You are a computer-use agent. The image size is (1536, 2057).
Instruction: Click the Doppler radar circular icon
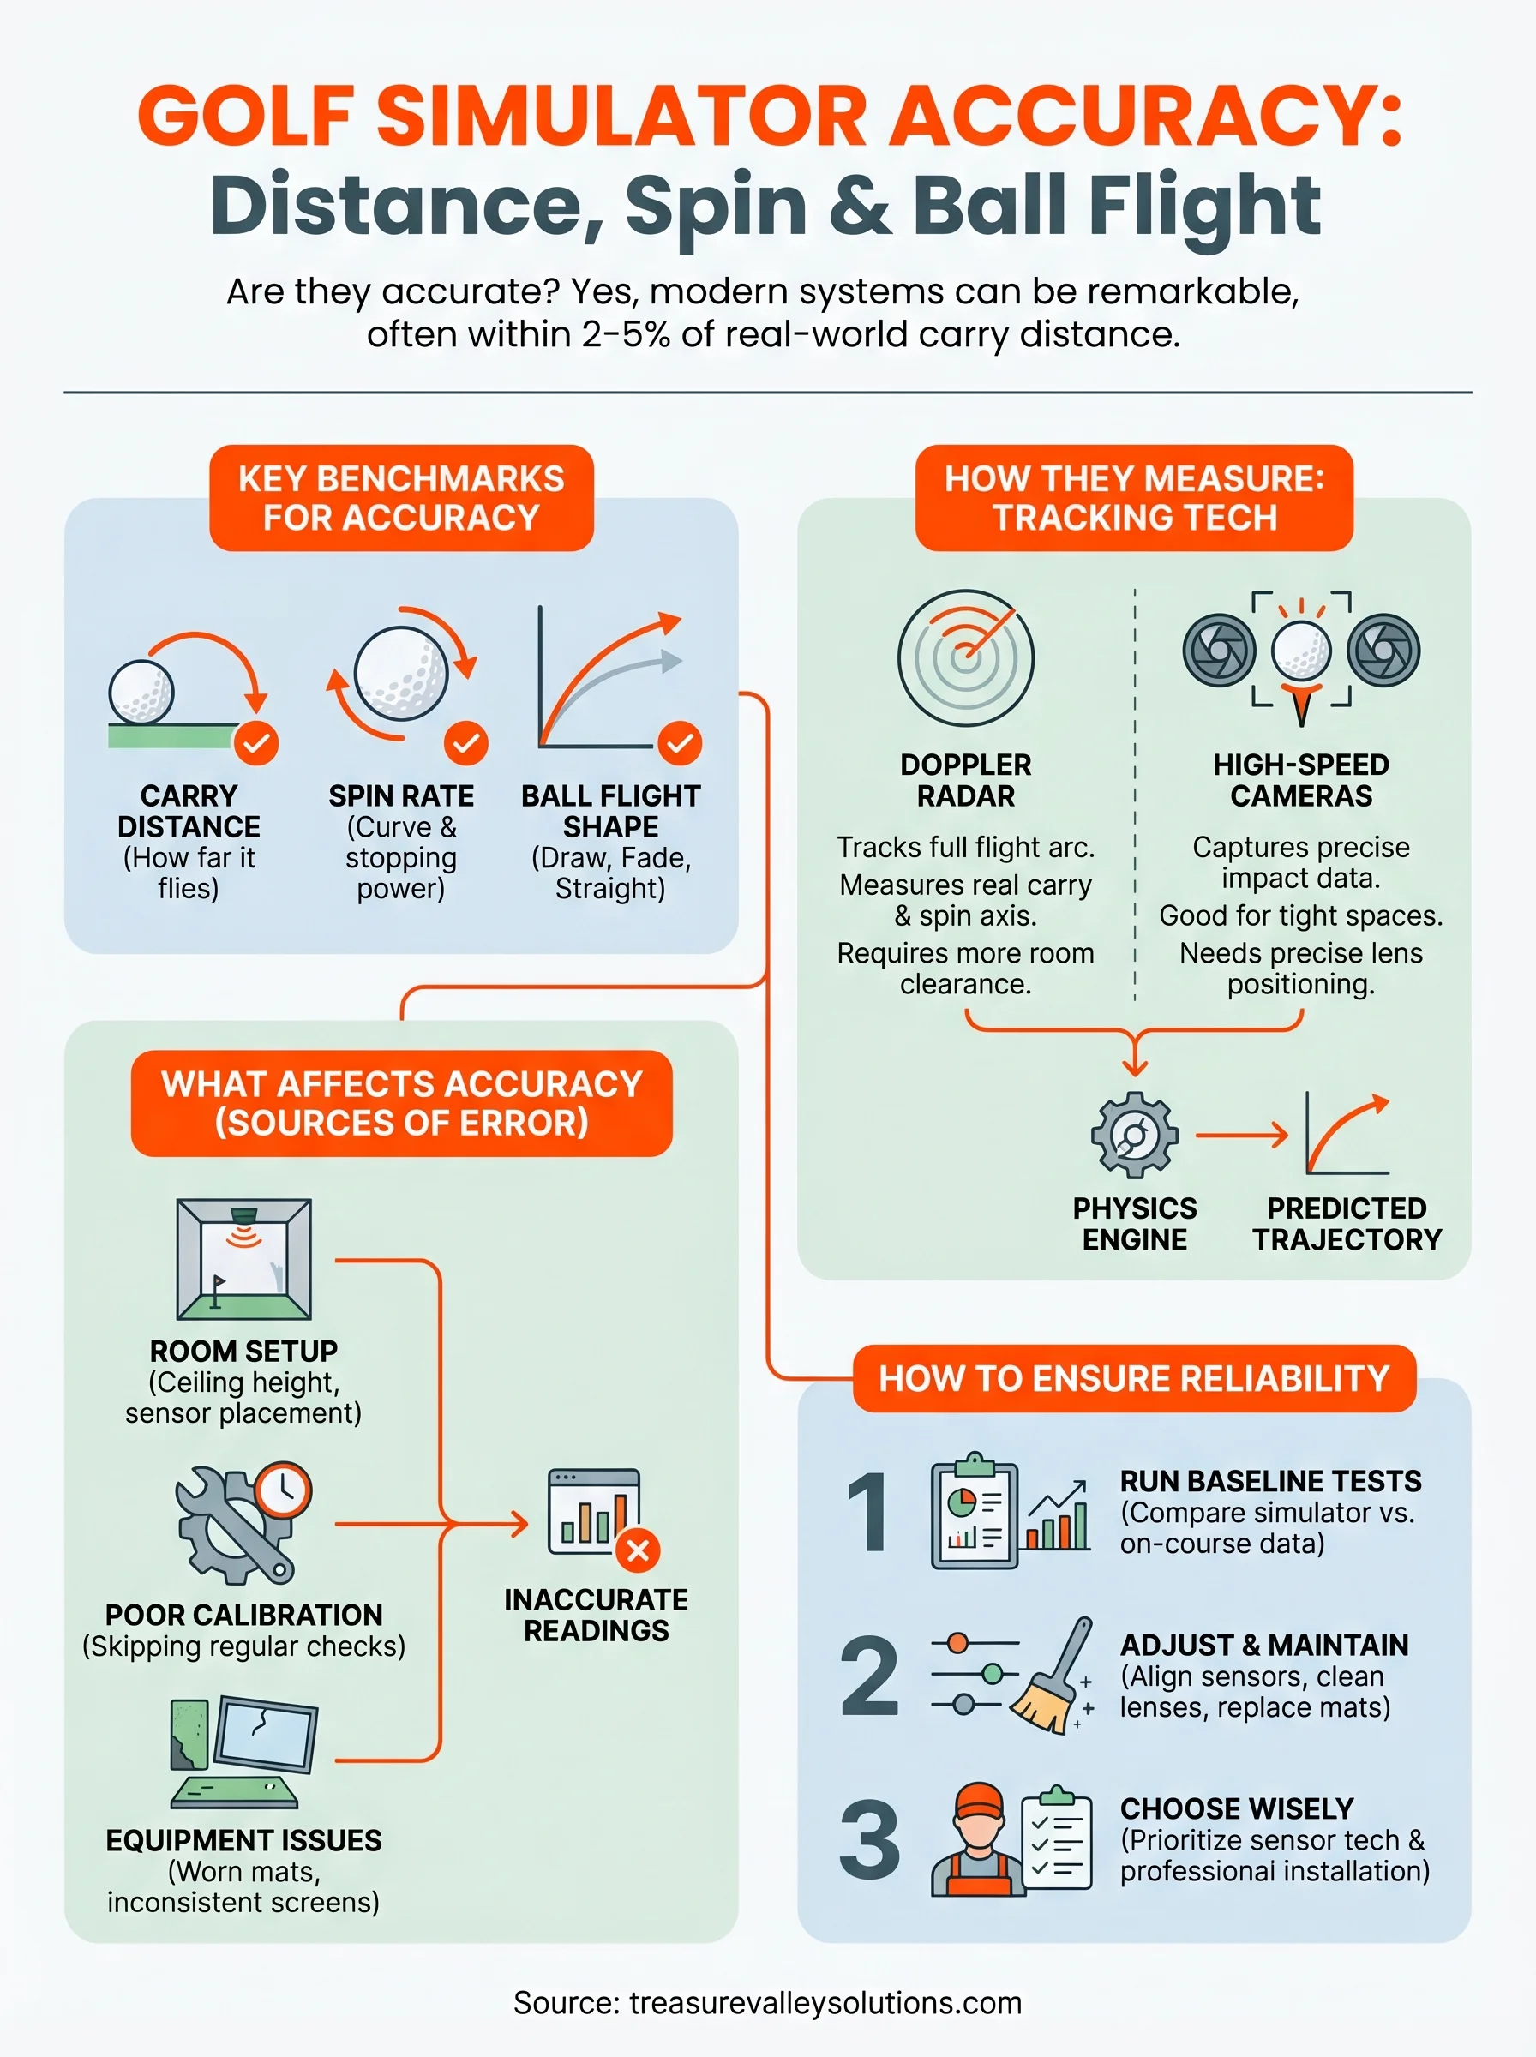point(965,657)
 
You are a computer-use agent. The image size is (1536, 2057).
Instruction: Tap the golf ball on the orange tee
point(1301,651)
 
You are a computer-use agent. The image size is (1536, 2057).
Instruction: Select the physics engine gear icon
point(1134,1135)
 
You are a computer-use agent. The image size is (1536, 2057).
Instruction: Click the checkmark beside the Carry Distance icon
point(255,743)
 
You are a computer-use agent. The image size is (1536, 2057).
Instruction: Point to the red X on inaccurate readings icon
point(638,1550)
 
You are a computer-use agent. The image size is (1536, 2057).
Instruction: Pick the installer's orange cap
point(979,1800)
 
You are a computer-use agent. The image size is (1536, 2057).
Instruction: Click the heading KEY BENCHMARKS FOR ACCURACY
point(401,497)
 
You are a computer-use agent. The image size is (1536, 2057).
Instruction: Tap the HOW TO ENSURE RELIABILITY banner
point(1133,1378)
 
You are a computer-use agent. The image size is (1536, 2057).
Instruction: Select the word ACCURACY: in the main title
point(1145,117)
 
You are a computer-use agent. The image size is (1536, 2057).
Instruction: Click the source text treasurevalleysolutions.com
point(825,2002)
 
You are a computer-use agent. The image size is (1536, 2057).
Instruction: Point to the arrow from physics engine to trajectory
point(1241,1135)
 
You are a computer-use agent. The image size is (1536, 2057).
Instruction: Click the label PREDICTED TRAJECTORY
point(1347,1223)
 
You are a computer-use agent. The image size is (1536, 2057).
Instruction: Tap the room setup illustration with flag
point(243,1258)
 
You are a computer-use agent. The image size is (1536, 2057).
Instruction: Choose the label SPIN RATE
point(401,795)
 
